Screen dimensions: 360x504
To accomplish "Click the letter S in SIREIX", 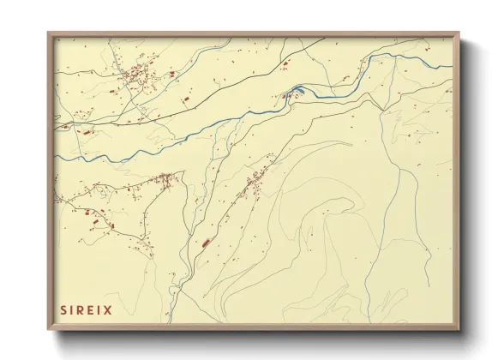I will click(x=63, y=309).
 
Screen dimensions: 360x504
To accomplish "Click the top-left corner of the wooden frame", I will click(x=48, y=33).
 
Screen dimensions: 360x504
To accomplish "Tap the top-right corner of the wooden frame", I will click(x=460, y=33).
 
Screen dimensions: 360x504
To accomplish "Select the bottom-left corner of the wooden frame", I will click(x=48, y=331).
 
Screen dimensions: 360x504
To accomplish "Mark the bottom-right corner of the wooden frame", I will click(x=460, y=331).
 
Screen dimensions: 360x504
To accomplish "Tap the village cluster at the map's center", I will click(x=255, y=182).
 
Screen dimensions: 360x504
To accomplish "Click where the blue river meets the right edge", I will click(x=453, y=60).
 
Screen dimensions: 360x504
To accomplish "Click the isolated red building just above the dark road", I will click(x=183, y=101).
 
